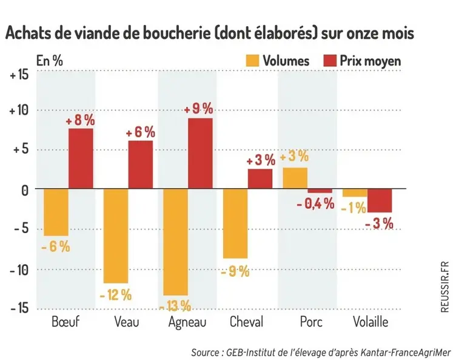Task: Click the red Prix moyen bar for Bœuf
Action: coord(80,158)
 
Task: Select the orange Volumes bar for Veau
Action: coord(115,236)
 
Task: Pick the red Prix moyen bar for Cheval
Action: coord(260,178)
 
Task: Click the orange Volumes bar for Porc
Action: coord(295,178)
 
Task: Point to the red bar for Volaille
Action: coord(379,200)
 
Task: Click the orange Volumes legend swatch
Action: coord(252,60)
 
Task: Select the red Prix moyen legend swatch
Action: coord(330,60)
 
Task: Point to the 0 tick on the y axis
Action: coord(24,190)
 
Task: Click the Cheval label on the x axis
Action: coord(246,322)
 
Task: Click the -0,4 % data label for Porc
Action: coord(315,204)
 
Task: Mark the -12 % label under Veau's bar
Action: coord(115,295)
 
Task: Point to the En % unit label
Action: coord(49,61)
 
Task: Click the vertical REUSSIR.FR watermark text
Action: coord(445,286)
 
